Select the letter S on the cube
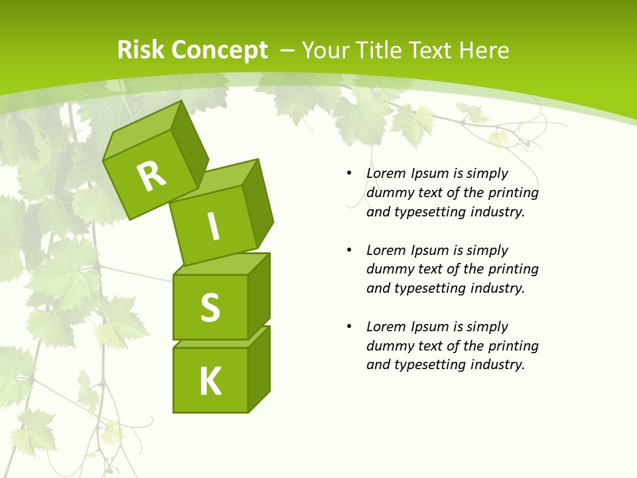(x=210, y=307)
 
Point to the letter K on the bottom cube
(x=210, y=382)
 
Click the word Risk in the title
(x=141, y=50)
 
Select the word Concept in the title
(x=220, y=50)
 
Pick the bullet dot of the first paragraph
(x=349, y=173)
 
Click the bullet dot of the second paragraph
(x=349, y=250)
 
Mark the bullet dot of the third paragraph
(x=349, y=327)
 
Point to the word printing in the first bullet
(x=514, y=193)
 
